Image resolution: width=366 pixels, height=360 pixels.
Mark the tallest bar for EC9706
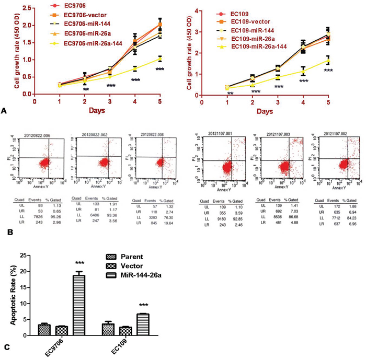tap(78, 304)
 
